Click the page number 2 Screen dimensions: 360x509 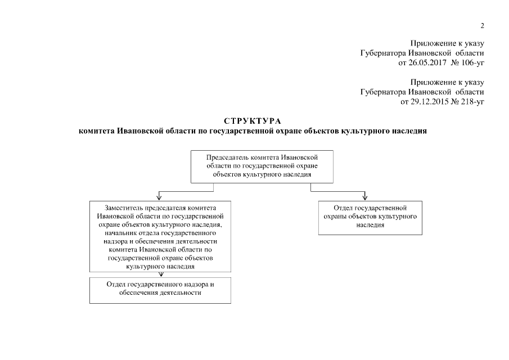pyautogui.click(x=482, y=26)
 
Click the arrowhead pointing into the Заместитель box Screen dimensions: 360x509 pyautogui.click(x=160, y=197)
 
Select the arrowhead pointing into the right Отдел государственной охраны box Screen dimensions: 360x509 pyautogui.click(x=366, y=197)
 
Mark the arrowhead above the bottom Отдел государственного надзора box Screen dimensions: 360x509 pyautogui.click(x=161, y=275)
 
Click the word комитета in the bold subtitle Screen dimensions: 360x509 pyautogui.click(x=97, y=131)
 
